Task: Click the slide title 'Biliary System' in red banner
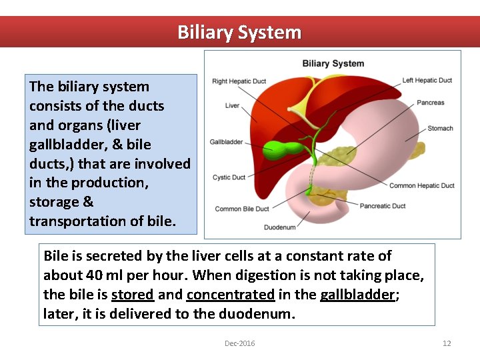point(239,32)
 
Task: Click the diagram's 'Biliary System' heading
point(333,63)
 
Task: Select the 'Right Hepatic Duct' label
point(239,81)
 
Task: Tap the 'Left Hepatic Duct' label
point(427,81)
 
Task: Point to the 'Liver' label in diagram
point(232,105)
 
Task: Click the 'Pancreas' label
point(430,103)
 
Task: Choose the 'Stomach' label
point(440,128)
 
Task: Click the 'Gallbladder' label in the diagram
point(226,142)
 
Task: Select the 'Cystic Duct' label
point(229,177)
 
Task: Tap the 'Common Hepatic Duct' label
point(421,185)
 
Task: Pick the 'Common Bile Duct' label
point(242,209)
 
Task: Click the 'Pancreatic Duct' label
point(383,206)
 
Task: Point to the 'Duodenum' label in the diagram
point(279,227)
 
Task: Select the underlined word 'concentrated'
point(230,294)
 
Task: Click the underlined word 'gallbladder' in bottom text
point(357,294)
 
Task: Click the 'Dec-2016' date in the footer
point(239,343)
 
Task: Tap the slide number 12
point(447,343)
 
